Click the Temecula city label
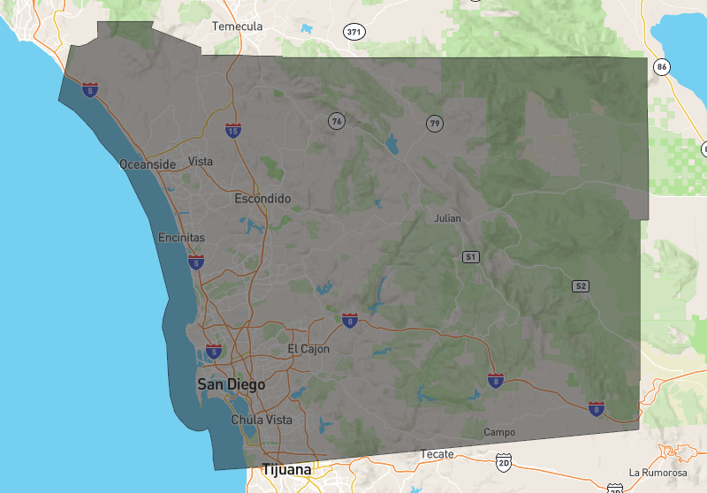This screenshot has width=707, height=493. click(238, 27)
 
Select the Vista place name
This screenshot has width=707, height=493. click(201, 162)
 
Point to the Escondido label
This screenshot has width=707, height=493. click(262, 199)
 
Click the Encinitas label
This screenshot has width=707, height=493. click(181, 238)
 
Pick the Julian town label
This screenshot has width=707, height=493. click(448, 217)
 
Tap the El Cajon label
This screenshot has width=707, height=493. click(308, 349)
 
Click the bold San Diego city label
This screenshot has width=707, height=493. click(231, 384)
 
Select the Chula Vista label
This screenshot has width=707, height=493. click(262, 420)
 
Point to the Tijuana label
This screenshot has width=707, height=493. click(286, 470)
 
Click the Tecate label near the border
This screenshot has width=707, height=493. click(437, 454)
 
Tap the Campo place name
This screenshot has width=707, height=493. click(499, 432)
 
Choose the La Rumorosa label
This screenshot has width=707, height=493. click(658, 473)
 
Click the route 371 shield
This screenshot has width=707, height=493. click(354, 32)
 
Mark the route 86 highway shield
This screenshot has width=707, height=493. click(661, 66)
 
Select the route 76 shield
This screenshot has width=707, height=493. click(336, 120)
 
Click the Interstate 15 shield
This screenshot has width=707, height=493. click(233, 131)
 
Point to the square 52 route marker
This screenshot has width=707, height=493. click(580, 285)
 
